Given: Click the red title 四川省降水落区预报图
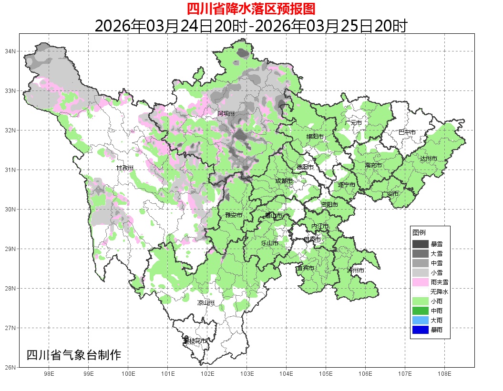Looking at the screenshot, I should pyautogui.click(x=251, y=9).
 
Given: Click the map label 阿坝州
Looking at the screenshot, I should pyautogui.click(x=226, y=113).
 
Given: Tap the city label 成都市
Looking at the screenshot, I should pyautogui.click(x=284, y=181).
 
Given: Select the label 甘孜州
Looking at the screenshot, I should pyautogui.click(x=125, y=168).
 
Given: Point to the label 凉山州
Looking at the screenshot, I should pyautogui.click(x=206, y=303).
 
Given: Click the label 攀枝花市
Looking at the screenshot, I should pyautogui.click(x=195, y=341).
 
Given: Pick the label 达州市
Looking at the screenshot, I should pyautogui.click(x=429, y=158).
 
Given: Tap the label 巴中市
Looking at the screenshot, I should pyautogui.click(x=407, y=132).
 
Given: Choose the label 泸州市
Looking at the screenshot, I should pyautogui.click(x=356, y=270).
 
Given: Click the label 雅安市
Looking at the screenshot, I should pyautogui.click(x=234, y=215).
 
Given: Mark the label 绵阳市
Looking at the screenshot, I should pyautogui.click(x=315, y=137).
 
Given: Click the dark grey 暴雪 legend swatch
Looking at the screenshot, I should pyautogui.click(x=421, y=244).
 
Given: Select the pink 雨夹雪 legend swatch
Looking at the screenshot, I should pyautogui.click(x=421, y=282).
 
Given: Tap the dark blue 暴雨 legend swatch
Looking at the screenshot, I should pyautogui.click(x=421, y=330).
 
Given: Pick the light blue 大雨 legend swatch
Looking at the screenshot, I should pyautogui.click(x=421, y=320).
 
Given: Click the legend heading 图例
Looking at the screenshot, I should pyautogui.click(x=419, y=232).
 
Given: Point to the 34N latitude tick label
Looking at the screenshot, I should pyautogui.click(x=10, y=51).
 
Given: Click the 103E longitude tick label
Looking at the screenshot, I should pyautogui.click(x=246, y=374).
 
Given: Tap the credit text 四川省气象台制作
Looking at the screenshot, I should pyautogui.click(x=74, y=355).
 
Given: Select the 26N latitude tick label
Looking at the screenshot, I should pyautogui.click(x=10, y=367).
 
